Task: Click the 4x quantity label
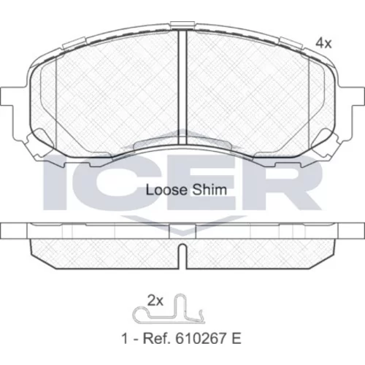point(323,44)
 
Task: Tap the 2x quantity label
point(155,301)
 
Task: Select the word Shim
point(209,190)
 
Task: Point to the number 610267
point(199,339)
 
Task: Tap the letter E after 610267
point(236,339)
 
